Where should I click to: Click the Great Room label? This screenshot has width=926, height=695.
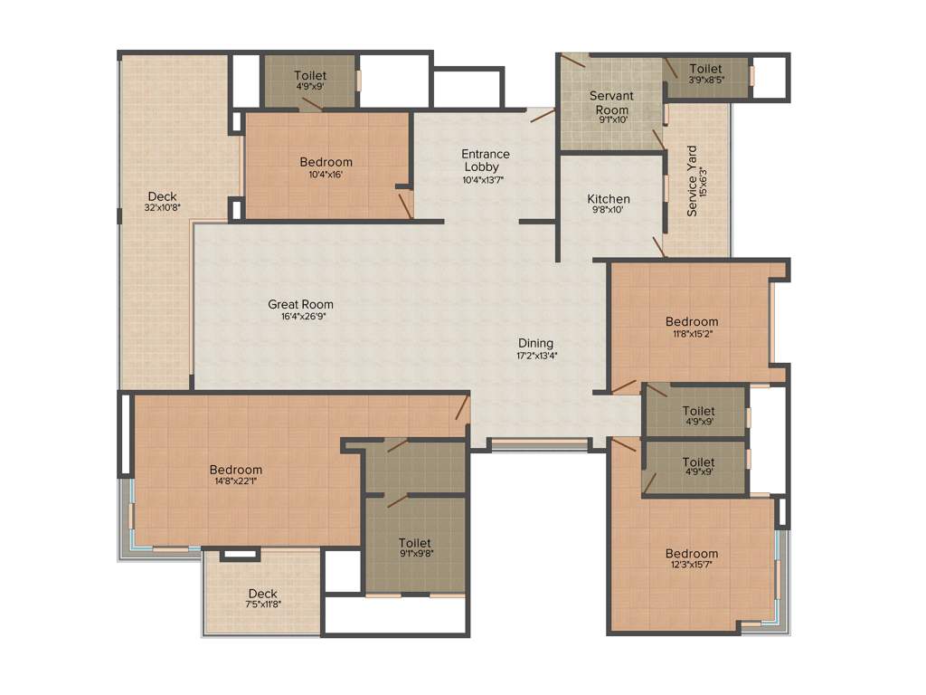[x=300, y=305]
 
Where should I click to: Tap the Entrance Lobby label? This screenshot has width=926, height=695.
[x=486, y=160]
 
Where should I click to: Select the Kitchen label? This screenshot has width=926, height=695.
[x=609, y=199]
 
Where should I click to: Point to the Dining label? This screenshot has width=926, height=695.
[x=535, y=343]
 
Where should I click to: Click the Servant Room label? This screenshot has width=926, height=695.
[x=611, y=102]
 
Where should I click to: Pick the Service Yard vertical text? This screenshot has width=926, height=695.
[x=693, y=181]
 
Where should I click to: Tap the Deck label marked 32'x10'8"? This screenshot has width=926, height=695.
[x=163, y=196]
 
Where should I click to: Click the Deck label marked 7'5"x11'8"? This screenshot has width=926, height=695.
[x=262, y=594]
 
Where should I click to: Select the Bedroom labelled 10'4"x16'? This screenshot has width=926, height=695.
[x=326, y=163]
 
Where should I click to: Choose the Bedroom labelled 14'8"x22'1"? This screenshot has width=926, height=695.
[x=235, y=470]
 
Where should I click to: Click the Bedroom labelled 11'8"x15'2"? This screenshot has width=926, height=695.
[x=692, y=321]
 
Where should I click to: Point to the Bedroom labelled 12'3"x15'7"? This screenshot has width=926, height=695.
[x=692, y=554]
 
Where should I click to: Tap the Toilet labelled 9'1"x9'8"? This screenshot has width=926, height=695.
[x=415, y=543]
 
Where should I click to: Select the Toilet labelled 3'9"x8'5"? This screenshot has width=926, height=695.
[x=705, y=69]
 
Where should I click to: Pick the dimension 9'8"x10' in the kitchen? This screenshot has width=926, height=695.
[x=609, y=210]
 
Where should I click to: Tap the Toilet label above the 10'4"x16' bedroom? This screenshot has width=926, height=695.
[x=310, y=76]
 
